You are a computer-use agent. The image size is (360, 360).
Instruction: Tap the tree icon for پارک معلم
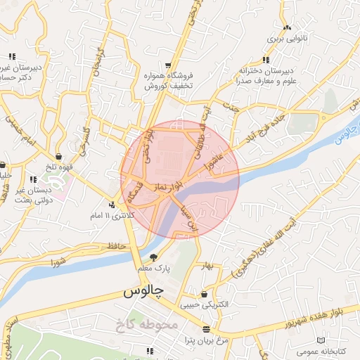click(154, 257)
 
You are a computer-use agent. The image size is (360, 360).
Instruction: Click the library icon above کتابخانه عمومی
click(321, 340)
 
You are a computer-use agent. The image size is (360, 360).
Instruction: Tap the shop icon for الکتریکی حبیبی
click(204, 294)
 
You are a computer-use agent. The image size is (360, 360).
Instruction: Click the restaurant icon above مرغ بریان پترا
click(206, 329)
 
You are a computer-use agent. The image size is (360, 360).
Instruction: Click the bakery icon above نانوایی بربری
click(287, 28)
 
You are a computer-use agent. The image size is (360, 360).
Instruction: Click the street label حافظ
click(117, 245)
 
